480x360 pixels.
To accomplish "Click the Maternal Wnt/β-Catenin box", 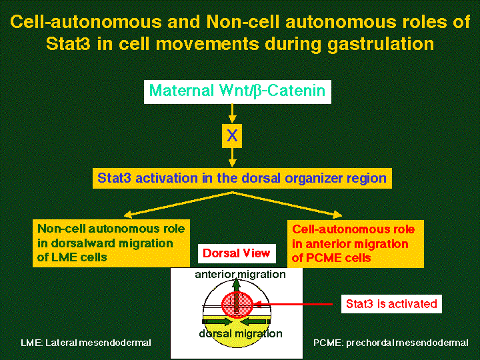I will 237,91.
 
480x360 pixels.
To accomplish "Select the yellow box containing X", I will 231,136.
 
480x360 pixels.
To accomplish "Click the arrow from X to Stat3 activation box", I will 232,158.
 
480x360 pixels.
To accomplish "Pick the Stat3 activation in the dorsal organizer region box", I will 241,179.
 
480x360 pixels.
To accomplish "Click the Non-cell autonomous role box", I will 111,243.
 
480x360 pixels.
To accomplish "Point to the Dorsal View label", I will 236,253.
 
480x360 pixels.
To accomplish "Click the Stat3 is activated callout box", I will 391,304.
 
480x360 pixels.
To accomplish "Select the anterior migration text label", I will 240,275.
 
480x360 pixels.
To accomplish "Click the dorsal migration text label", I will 240,333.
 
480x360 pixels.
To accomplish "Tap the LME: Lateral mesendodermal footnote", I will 86,343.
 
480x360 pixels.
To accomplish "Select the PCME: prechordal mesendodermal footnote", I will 391,343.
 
